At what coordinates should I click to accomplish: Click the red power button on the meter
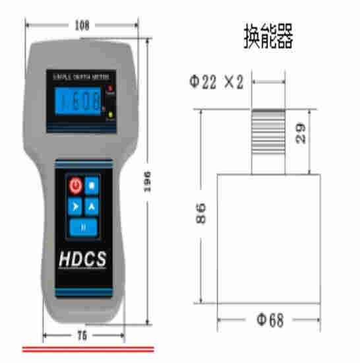coord(75,185)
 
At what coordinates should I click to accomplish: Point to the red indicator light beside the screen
coord(111,88)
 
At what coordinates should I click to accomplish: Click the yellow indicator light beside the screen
coord(111,115)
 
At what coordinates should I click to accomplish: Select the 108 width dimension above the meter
coord(81,25)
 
